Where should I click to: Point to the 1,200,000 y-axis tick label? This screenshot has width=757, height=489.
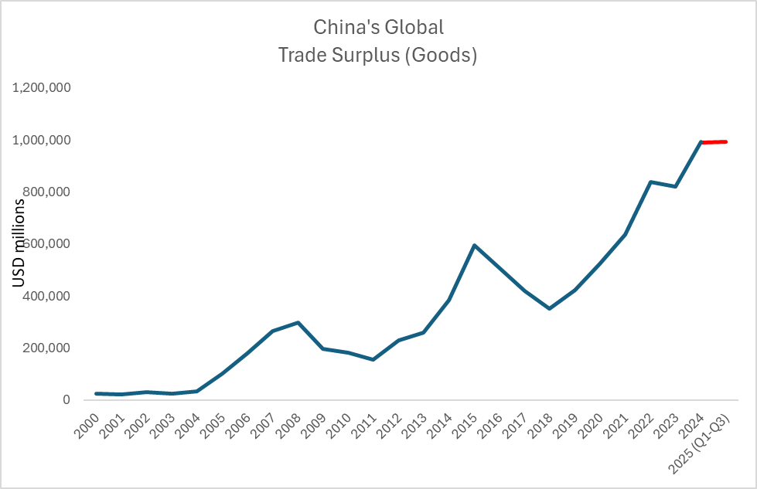tap(42, 88)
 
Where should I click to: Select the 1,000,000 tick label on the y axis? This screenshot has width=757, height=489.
tap(42, 140)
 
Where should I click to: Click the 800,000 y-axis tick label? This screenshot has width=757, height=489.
tap(46, 192)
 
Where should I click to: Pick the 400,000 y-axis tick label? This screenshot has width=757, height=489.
tap(46, 297)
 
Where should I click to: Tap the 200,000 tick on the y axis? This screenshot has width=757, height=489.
tap(46, 348)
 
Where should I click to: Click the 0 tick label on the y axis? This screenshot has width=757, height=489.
tap(67, 400)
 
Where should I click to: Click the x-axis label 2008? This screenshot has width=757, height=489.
tap(290, 423)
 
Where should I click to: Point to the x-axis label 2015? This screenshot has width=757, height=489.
tap(465, 423)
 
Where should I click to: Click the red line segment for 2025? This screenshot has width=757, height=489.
tap(713, 141)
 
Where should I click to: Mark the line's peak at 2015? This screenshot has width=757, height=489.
tap(474, 246)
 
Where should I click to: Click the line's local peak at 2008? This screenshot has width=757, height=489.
tap(298, 322)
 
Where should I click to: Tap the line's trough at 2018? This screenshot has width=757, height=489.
tap(549, 308)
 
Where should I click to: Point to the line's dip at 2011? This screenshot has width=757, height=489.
tap(373, 359)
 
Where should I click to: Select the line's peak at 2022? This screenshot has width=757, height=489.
tap(650, 182)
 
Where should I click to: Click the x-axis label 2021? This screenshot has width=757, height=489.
tap(615, 423)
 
